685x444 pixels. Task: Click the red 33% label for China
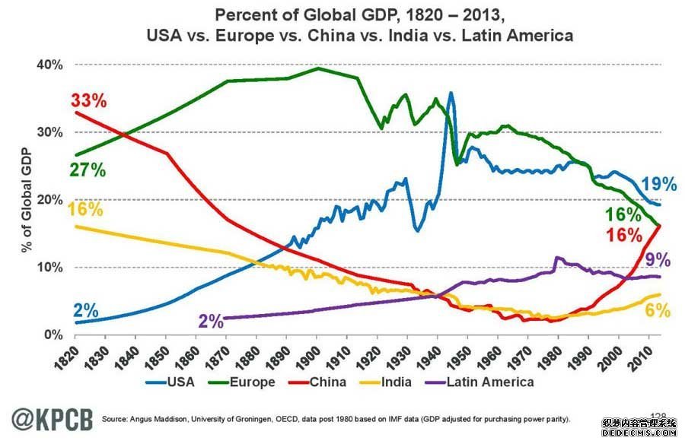(89, 100)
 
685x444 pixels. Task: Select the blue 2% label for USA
(86, 310)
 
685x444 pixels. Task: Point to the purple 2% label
(212, 321)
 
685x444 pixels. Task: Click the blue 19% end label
(658, 184)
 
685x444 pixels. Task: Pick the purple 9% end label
(658, 260)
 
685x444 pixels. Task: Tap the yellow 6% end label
(657, 310)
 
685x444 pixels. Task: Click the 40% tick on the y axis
(47, 65)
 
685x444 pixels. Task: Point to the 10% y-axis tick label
(47, 268)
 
